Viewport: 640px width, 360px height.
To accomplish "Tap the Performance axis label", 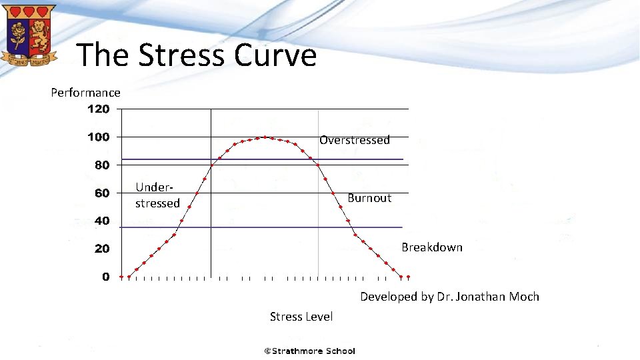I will tap(85, 93).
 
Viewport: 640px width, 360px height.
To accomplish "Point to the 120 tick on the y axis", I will tap(99, 109).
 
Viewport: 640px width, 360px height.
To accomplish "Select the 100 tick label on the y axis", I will tap(99, 137).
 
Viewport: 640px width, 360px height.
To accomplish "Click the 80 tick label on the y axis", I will tap(101, 165).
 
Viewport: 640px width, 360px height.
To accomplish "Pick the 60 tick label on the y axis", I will tap(101, 193).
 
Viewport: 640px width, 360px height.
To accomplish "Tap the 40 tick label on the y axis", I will tap(101, 221).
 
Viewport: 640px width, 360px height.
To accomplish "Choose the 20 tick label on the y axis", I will tap(101, 249).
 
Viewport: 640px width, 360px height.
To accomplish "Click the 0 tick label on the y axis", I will tap(106, 277).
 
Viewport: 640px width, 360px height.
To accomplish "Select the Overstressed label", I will tap(354, 140).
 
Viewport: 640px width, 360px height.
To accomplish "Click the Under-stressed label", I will tap(157, 195).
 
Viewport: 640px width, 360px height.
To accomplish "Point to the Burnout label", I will tap(369, 198).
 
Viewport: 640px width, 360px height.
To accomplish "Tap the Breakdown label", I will tap(431, 247).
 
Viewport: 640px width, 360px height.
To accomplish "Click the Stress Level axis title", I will tap(301, 317).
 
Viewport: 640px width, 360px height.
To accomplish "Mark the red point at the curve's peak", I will tap(265, 137).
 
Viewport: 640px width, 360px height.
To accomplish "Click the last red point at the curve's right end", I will tap(408, 277).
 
